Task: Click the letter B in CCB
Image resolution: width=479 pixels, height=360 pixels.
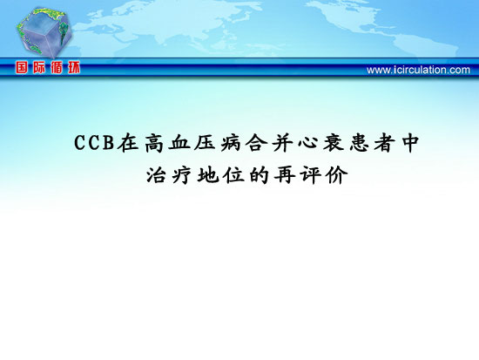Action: (109, 143)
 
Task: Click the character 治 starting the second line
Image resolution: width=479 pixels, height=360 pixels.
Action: (156, 175)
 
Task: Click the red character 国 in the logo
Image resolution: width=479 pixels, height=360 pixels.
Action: (22, 67)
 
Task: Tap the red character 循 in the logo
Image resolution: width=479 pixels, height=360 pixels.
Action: (57, 67)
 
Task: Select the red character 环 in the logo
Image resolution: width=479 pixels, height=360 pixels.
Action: (74, 67)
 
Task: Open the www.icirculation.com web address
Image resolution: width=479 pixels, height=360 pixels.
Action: (418, 70)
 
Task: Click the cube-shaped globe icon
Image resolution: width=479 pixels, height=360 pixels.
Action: (44, 32)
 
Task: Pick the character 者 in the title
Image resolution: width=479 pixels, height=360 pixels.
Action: (385, 143)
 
